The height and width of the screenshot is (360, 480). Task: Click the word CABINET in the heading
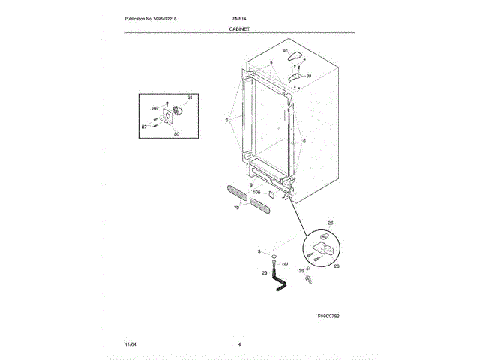point(239,28)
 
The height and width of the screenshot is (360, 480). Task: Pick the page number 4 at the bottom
point(238,343)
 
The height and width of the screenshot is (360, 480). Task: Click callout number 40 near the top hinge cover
point(286,51)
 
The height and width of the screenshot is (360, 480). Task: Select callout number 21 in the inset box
point(190,98)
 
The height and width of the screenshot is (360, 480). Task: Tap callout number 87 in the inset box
point(144,127)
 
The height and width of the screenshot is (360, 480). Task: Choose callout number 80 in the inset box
point(176,133)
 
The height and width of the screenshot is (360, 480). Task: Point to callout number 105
point(256,192)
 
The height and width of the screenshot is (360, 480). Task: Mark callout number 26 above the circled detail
point(331,223)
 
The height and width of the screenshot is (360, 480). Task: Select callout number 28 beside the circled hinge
point(335,265)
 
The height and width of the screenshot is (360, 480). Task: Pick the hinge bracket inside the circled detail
point(325,247)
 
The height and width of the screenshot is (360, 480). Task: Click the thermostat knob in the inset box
point(178,112)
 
